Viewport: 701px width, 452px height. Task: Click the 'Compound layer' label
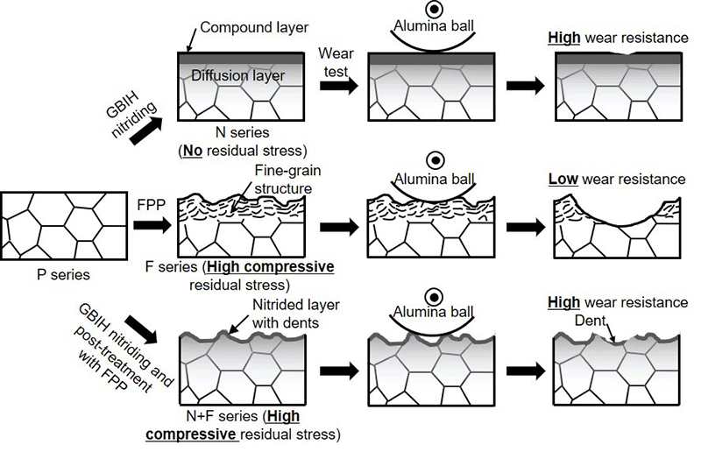(x=249, y=28)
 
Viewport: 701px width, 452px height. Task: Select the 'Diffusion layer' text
(x=237, y=76)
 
